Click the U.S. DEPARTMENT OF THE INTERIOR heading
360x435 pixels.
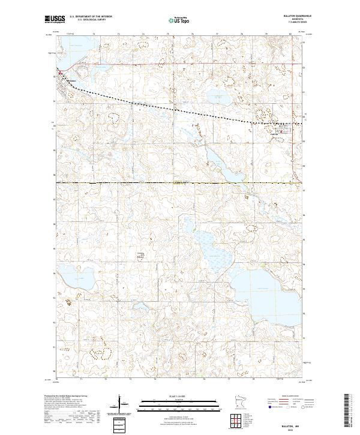coord(96,16)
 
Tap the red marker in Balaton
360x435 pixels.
coord(60,76)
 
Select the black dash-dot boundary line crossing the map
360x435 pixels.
coord(180,182)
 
